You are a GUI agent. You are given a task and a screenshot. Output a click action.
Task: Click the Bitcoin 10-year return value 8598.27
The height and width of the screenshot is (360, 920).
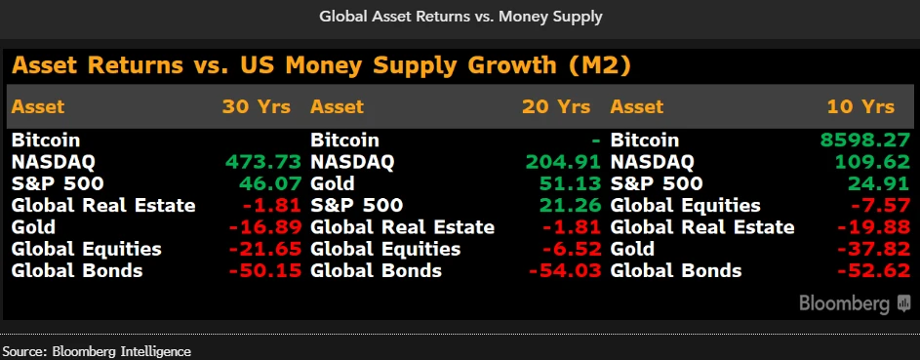click(x=866, y=140)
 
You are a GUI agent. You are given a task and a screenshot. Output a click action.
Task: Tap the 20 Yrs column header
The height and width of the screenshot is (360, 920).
click(x=557, y=106)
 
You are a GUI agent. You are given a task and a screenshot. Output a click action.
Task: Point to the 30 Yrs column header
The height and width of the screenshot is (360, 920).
click(x=257, y=106)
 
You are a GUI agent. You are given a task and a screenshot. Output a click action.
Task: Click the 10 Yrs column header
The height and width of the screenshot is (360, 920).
click(x=860, y=106)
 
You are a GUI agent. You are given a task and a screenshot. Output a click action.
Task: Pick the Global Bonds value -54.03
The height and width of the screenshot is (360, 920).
click(x=565, y=271)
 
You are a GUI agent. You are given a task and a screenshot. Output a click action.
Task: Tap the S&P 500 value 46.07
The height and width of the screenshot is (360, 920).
click(x=270, y=183)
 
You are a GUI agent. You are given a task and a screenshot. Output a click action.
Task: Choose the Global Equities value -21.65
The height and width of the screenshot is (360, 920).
click(x=265, y=249)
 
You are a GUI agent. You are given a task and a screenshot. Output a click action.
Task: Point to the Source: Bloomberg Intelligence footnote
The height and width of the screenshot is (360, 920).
click(x=98, y=351)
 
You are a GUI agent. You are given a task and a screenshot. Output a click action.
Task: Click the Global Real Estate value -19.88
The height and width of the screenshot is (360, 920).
click(x=875, y=227)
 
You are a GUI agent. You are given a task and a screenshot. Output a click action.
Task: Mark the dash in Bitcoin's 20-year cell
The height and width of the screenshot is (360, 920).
click(x=596, y=140)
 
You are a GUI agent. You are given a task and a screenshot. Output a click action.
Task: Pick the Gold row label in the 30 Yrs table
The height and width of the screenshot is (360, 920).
click(x=33, y=227)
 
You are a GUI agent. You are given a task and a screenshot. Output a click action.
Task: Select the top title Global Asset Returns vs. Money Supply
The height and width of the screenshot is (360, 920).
click(x=460, y=17)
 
